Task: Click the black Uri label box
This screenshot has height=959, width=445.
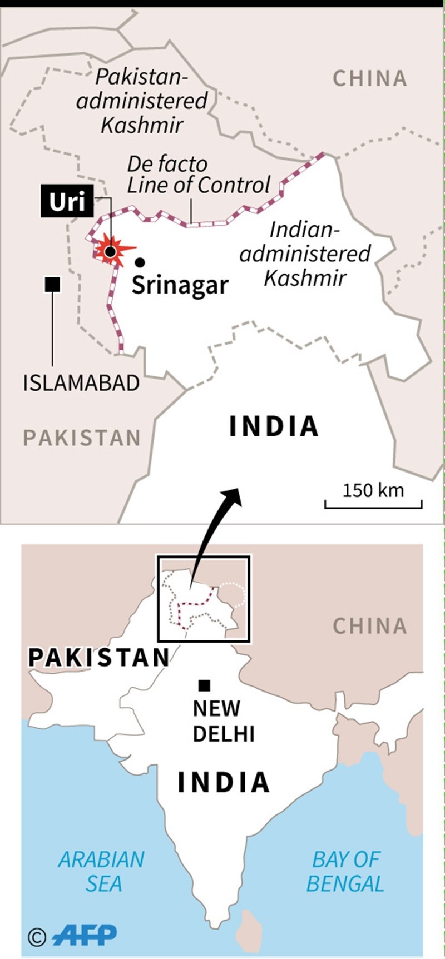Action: click(67, 201)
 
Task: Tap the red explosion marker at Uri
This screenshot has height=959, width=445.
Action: click(111, 250)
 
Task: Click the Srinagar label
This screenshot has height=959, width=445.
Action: click(180, 285)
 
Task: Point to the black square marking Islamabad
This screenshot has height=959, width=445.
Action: click(53, 285)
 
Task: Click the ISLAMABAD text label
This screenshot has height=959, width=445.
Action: click(81, 383)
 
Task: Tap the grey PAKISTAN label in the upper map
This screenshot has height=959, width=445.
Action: click(82, 438)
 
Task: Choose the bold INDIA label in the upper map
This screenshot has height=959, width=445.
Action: click(274, 426)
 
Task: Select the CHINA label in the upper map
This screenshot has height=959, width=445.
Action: click(370, 79)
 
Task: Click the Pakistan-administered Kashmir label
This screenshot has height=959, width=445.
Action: click(142, 101)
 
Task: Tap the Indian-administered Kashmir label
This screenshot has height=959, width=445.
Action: click(305, 254)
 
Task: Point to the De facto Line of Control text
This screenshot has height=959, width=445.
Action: click(197, 175)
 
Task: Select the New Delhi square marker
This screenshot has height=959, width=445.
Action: click(205, 685)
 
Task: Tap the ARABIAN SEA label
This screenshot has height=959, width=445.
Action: click(102, 871)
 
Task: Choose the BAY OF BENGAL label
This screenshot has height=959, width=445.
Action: click(345, 871)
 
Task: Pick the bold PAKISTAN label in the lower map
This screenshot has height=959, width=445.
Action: click(99, 657)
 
